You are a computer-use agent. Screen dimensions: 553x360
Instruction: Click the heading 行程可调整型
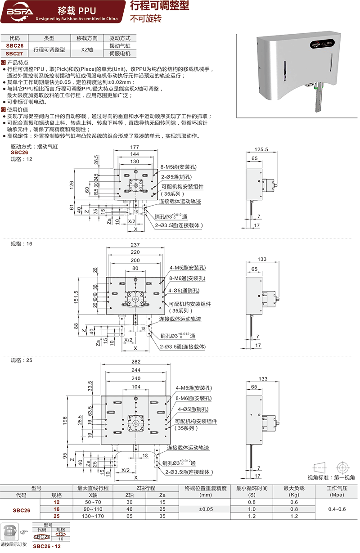click(159, 6)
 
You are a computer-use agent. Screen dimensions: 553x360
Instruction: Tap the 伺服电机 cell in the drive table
click(120, 53)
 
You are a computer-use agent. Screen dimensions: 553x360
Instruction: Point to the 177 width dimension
click(135, 148)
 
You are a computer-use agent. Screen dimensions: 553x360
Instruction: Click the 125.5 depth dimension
click(261, 149)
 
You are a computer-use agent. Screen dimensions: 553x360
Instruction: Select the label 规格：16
click(22, 243)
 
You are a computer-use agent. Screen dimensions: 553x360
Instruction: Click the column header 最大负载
click(294, 488)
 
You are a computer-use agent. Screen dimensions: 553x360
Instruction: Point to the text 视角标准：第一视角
click(331, 477)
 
